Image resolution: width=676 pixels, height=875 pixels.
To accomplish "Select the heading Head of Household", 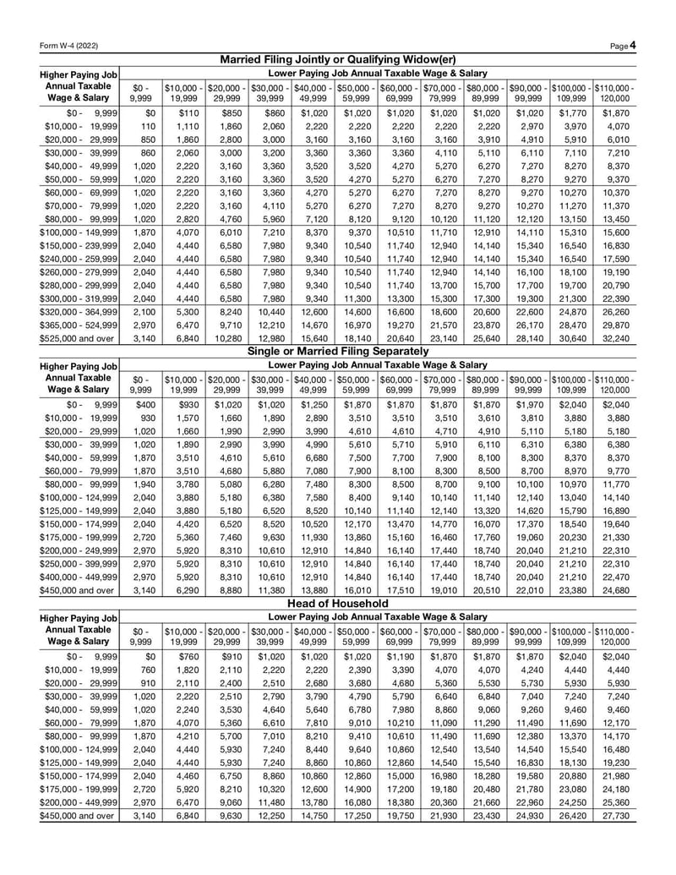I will [337, 604].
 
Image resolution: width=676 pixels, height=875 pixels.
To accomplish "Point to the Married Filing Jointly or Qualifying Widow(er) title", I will [337, 59].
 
